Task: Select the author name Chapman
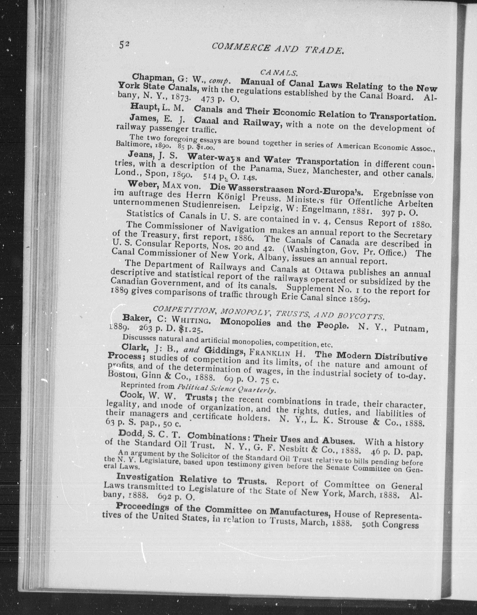(x=149, y=77)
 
